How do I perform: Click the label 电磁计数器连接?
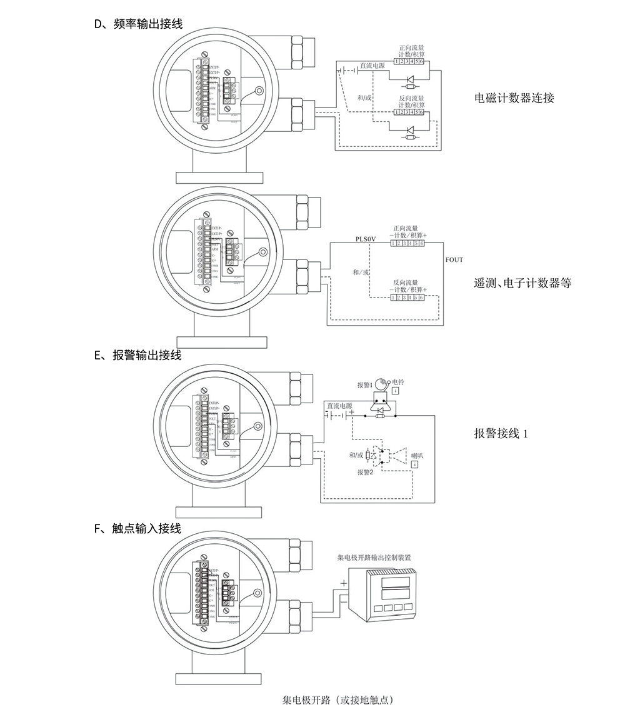[514, 98]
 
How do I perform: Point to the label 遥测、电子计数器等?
[522, 283]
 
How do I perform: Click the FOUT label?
[454, 259]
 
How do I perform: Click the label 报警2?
[365, 473]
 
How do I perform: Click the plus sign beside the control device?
[342, 583]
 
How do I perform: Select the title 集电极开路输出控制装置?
[374, 556]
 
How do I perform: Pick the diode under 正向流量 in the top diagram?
[411, 79]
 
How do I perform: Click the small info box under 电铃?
[397, 391]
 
